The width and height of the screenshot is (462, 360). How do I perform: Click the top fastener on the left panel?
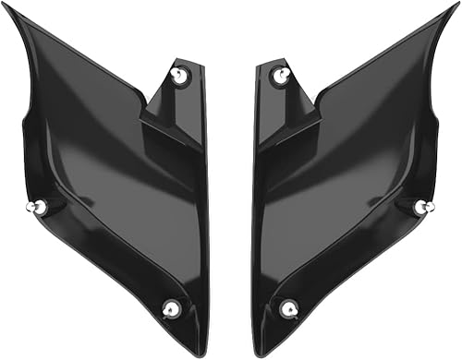click(179, 76)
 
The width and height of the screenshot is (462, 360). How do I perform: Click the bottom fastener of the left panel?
click(171, 308)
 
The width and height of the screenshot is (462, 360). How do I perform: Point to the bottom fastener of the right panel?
click(289, 308)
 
